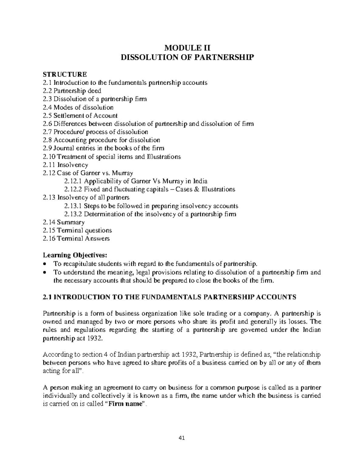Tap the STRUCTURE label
[x=65, y=74]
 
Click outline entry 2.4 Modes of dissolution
[x=78, y=107]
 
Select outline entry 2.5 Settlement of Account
[x=80, y=116]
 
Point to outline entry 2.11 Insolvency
[x=66, y=165]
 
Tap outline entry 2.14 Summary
[x=64, y=222]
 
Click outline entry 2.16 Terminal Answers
[x=76, y=239]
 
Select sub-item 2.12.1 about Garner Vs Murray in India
[x=136, y=181]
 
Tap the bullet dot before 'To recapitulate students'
[x=45, y=264]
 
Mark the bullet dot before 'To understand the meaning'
[x=45, y=272]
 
